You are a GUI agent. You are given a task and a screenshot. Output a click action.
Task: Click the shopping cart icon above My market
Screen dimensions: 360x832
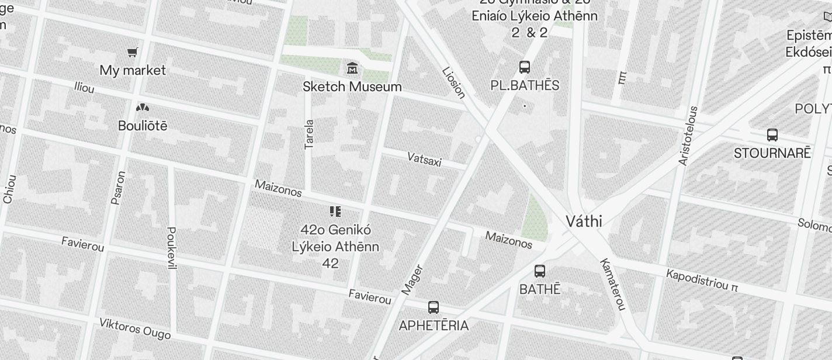coord(133,53)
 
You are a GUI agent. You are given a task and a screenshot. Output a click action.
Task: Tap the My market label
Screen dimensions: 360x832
coord(133,70)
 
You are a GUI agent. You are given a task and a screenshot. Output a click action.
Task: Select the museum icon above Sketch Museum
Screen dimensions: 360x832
coord(352,68)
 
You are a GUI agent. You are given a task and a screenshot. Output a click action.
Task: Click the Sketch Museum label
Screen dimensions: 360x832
coord(352,86)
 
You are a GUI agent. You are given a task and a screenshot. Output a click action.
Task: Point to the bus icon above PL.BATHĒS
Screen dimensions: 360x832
coord(525,67)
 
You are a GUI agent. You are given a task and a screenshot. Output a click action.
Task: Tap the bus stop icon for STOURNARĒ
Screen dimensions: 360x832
coord(772,135)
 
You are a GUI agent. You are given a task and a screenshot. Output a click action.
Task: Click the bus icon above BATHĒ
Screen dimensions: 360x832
coord(540,271)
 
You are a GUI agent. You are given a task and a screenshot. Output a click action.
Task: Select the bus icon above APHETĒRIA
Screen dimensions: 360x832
coord(434,307)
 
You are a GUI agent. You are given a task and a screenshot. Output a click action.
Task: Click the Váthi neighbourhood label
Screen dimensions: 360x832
coord(584,221)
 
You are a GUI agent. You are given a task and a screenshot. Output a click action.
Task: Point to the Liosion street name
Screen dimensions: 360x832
coord(454,82)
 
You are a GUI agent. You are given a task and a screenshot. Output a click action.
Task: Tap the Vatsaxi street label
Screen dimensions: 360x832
coord(424,158)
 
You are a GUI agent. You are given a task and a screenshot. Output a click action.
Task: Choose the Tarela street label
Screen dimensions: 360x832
coord(309,134)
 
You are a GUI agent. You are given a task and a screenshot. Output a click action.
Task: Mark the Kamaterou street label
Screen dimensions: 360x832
coord(613,284)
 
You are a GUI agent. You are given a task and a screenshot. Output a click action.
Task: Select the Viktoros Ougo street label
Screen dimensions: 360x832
coord(134,328)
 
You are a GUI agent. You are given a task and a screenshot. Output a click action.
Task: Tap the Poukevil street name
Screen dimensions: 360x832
coord(171,248)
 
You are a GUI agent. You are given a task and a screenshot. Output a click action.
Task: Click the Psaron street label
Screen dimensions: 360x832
coord(118,188)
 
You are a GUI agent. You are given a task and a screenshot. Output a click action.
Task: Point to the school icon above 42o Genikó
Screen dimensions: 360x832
coord(335,211)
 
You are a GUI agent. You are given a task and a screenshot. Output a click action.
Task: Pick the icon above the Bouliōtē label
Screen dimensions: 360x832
coord(142,108)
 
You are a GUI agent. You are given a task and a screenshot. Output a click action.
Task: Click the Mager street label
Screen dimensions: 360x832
coord(412,280)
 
